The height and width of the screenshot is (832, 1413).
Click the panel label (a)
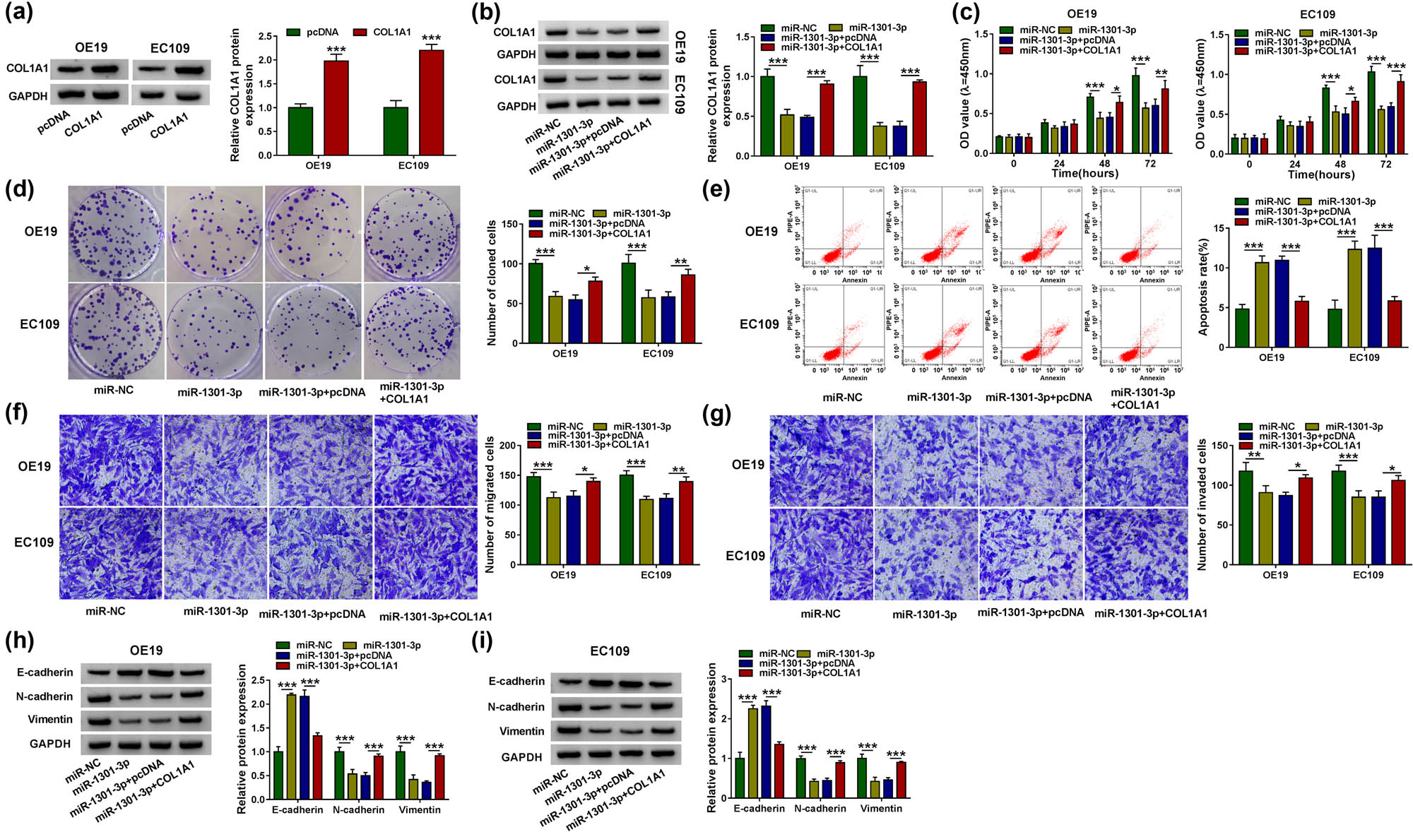pos(19,13)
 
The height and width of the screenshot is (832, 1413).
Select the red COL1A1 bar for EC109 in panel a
pos(432,102)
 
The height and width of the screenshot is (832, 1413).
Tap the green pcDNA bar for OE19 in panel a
pos(300,131)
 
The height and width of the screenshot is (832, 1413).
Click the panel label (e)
pos(716,189)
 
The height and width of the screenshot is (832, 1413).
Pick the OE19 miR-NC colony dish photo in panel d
pos(117,234)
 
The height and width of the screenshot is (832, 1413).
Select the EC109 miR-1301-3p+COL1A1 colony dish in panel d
pos(412,331)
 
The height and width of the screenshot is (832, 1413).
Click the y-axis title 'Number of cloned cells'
pos(492,283)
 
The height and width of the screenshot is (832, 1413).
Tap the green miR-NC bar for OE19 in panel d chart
pos(536,303)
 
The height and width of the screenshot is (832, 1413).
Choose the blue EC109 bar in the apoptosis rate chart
pos(1375,297)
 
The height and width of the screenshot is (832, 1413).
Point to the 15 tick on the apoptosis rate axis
pos(1219,228)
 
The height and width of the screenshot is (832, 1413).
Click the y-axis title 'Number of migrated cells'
pos(490,504)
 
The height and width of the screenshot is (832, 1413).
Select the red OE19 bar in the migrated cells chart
pos(593,523)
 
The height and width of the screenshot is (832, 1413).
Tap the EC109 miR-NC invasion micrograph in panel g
pos(821,554)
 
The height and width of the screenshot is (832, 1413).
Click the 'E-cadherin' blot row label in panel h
pos(45,672)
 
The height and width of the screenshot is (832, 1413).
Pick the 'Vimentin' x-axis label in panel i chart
pos(881,808)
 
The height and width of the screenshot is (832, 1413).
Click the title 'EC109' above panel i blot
pos(610,651)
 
